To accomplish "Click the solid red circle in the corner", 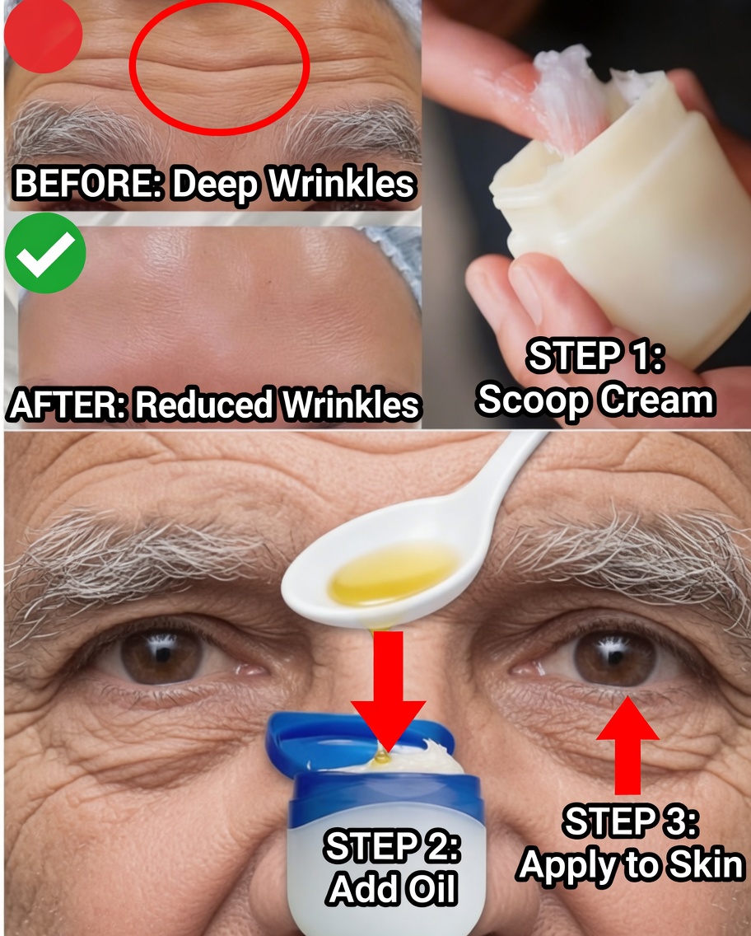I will (43, 35).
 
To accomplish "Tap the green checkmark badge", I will (45, 253).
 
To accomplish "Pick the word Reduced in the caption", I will (203, 405).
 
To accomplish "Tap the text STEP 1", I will (595, 358).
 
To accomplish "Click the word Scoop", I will (533, 400).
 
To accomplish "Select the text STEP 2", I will (392, 847).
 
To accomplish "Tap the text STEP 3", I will (631, 822).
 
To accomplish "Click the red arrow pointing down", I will (389, 688).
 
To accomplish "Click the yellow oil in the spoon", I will (394, 572).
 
